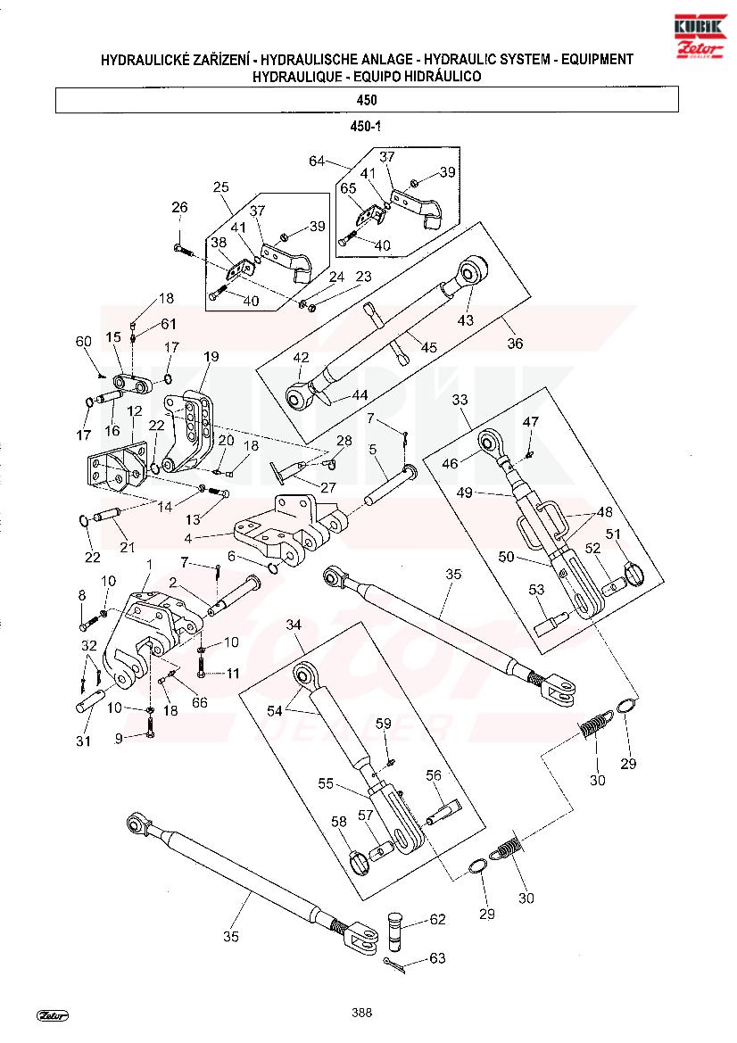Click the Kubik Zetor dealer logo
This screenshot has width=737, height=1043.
pyautogui.click(x=700, y=36)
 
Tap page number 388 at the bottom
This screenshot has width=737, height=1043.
pyautogui.click(x=362, y=1013)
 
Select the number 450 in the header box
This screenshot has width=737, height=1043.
pyautogui.click(x=367, y=100)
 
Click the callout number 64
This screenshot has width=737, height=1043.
pyautogui.click(x=317, y=161)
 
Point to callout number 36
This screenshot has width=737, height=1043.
pyautogui.click(x=516, y=344)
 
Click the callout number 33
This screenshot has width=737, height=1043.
pyautogui.click(x=460, y=400)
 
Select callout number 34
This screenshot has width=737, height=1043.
pyautogui.click(x=294, y=625)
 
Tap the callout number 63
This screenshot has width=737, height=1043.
pyautogui.click(x=438, y=958)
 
